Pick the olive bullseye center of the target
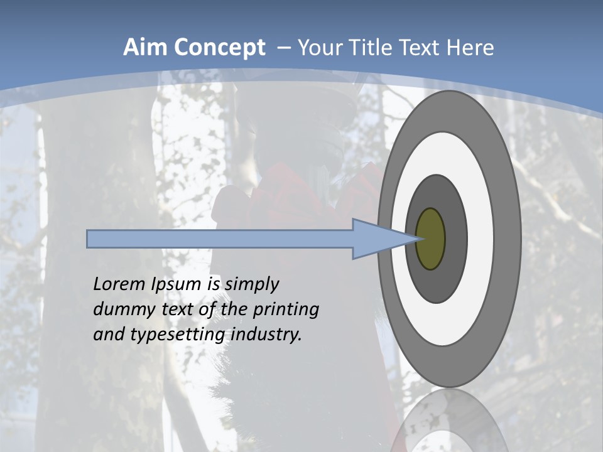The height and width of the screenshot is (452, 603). tap(431, 239)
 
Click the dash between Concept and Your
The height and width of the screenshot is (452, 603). tap(284, 48)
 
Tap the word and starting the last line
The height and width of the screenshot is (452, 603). tap(108, 335)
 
